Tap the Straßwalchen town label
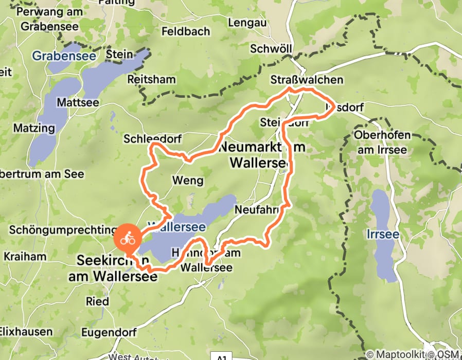(x=307, y=80)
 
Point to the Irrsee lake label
(x=383, y=234)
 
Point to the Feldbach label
(x=185, y=31)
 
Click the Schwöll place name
(x=271, y=49)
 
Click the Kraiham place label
(x=25, y=256)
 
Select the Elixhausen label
(x=26, y=332)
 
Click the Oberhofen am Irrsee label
(x=383, y=142)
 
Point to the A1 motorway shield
(x=220, y=356)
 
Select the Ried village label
(x=97, y=301)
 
